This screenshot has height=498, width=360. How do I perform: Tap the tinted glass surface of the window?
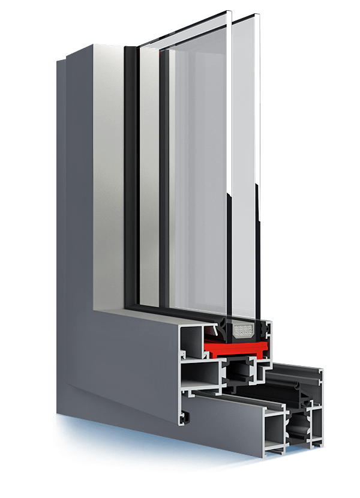click(x=198, y=180)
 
